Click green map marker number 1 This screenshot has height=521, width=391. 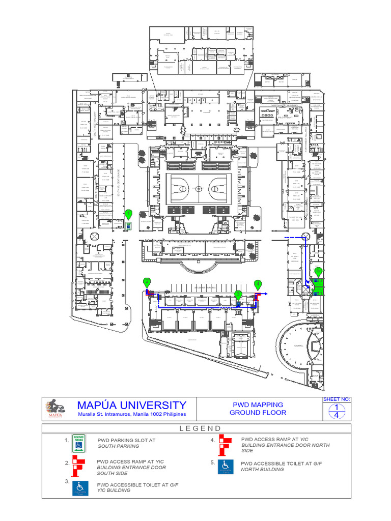point(128,214)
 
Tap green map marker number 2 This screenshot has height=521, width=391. point(147,282)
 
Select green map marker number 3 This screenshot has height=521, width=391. point(238,294)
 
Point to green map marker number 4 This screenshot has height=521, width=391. point(258,284)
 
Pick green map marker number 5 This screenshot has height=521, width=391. point(318,271)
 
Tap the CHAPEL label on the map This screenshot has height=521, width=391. point(298,345)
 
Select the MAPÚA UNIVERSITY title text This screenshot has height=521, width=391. point(131,406)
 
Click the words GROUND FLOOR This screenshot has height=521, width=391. point(258,413)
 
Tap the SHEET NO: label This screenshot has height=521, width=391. point(337,399)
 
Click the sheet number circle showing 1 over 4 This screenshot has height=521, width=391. point(336,411)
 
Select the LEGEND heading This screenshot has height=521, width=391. point(200,428)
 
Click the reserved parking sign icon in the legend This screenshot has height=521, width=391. point(79,443)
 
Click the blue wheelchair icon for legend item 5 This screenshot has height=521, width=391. point(226,466)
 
